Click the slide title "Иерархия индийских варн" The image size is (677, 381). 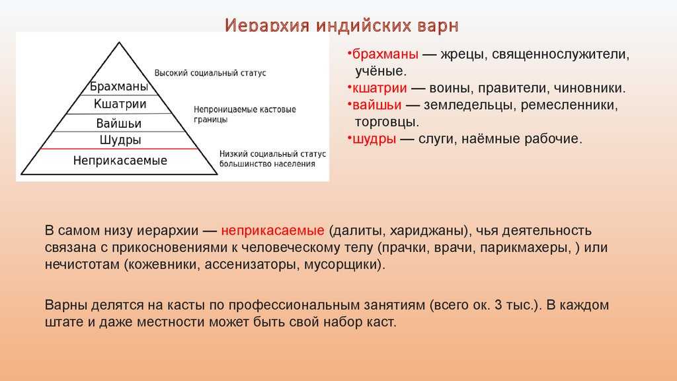tap(342, 26)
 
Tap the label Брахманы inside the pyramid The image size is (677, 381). tap(119, 87)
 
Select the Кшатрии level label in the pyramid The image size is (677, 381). tap(120, 104)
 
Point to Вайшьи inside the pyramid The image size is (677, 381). tap(119, 124)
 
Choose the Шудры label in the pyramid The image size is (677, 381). tap(120, 140)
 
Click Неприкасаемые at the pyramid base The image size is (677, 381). tap(120, 161)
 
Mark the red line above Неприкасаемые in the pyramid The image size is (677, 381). tap(119, 149)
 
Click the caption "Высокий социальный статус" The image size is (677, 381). tap(210, 73)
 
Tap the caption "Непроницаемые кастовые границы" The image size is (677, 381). tap(245, 114)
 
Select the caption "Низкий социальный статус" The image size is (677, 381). tap(272, 153)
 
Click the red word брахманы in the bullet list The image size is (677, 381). tap(385, 54)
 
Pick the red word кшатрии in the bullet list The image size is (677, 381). tap(379, 88)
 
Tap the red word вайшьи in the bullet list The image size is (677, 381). tap(377, 105)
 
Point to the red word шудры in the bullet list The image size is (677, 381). tap(374, 139)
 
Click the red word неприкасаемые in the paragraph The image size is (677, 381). tap(272, 230)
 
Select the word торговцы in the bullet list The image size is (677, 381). tap(386, 122)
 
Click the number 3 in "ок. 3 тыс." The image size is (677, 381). tap(498, 304)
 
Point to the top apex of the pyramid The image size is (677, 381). tap(119, 42)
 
